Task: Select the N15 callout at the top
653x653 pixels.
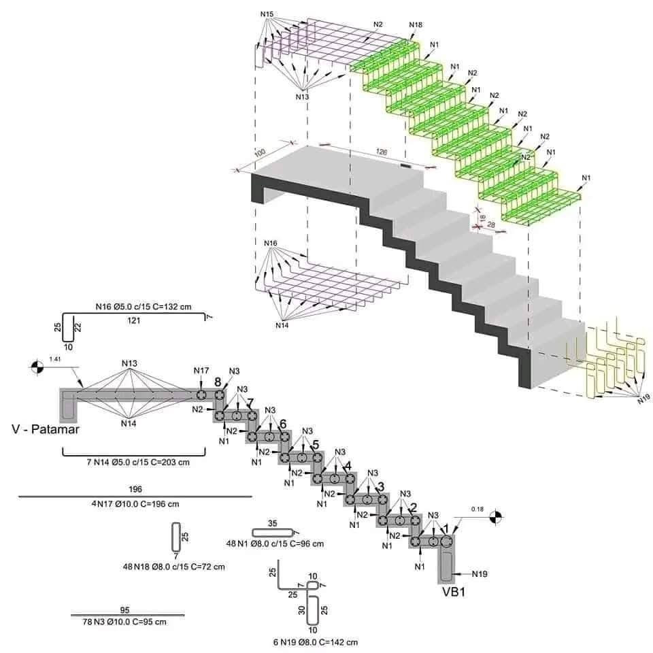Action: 267,14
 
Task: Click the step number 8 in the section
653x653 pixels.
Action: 218,382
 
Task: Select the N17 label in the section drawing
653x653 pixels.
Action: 201,371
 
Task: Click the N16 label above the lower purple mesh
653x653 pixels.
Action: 271,244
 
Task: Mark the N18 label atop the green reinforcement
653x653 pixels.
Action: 416,25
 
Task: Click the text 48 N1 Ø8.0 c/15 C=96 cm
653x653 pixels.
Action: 275,543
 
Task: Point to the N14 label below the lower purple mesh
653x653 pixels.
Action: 282,325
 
